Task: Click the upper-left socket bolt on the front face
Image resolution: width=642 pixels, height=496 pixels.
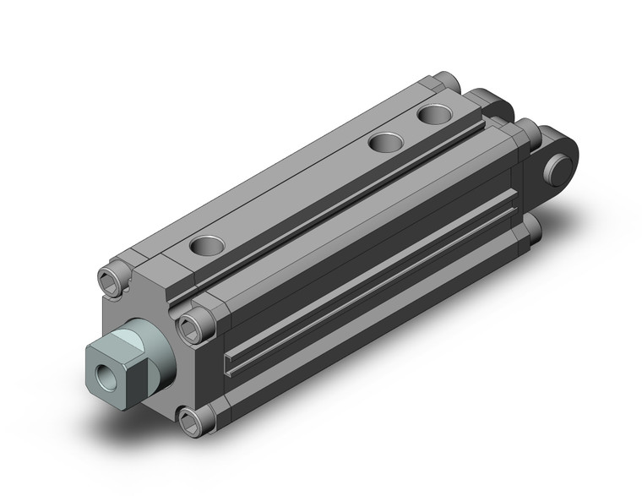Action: click(x=115, y=276)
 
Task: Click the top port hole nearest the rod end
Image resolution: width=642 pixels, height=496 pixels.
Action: click(x=206, y=246)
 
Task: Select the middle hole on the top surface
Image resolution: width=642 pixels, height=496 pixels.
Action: click(x=389, y=142)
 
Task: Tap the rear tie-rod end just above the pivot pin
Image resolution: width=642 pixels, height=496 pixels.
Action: click(x=527, y=131)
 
